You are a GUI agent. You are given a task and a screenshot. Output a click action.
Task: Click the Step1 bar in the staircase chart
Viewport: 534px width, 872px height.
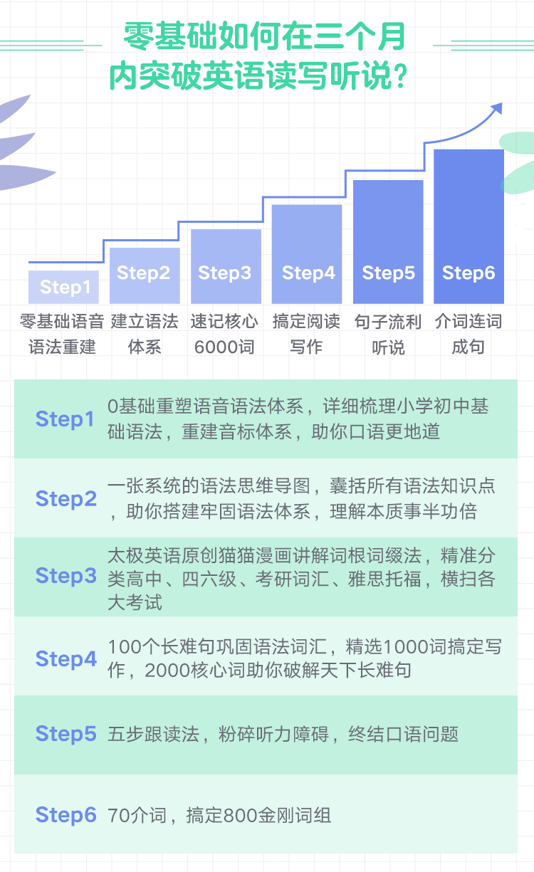(63, 287)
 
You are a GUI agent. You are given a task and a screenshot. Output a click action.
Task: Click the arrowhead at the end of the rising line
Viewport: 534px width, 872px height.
(497, 108)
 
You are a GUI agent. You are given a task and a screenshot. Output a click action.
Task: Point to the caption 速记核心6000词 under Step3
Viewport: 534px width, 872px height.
(224, 335)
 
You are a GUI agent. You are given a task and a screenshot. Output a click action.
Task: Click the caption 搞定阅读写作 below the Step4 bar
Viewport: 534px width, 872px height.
(306, 335)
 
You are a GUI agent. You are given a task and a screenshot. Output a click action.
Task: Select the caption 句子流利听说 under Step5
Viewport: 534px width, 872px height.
(388, 335)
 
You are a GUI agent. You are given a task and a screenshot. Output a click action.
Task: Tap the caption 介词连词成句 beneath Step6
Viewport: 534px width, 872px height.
(468, 335)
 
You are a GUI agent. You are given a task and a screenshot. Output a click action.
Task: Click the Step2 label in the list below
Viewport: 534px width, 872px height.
(66, 499)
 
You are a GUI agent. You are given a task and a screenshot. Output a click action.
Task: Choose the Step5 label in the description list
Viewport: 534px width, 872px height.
(66, 734)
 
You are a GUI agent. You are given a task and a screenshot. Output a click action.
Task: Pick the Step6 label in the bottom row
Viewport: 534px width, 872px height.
(66, 815)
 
